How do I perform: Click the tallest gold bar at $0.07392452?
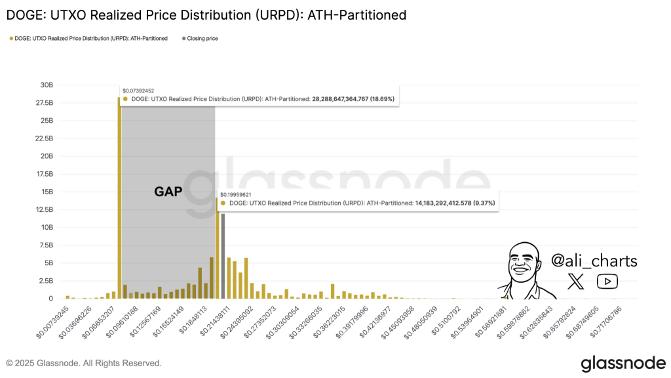click(x=119, y=197)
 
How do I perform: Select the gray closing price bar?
click(x=223, y=256)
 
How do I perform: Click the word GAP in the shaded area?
click(x=168, y=192)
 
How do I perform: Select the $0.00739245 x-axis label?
click(x=52, y=321)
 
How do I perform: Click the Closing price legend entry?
click(x=202, y=39)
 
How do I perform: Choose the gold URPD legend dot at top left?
click(x=11, y=39)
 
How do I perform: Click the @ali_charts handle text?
click(x=594, y=261)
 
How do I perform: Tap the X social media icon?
click(x=576, y=282)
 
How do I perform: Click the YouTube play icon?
click(x=607, y=282)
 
